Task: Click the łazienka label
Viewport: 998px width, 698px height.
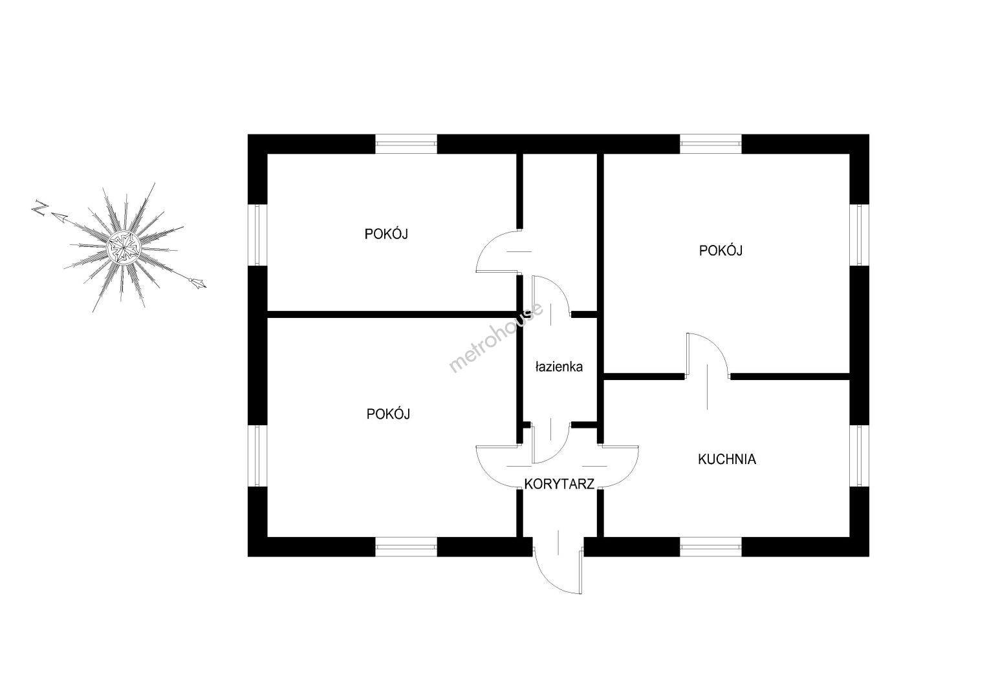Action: pos(559,367)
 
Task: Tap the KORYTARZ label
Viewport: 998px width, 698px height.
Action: pos(559,484)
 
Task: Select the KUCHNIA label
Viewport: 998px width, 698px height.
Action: pos(727,460)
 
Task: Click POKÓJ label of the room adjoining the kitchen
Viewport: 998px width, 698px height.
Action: pos(721,250)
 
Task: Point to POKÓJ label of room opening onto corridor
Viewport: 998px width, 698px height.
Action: pos(388,414)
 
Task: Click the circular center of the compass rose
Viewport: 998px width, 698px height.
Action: pos(123,246)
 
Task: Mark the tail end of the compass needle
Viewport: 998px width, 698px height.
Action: pos(197,281)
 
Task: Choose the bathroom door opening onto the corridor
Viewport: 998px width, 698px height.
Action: pos(550,443)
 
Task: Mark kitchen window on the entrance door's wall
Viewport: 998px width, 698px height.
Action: pos(710,547)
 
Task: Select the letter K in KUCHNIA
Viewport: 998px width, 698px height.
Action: pos(702,460)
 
